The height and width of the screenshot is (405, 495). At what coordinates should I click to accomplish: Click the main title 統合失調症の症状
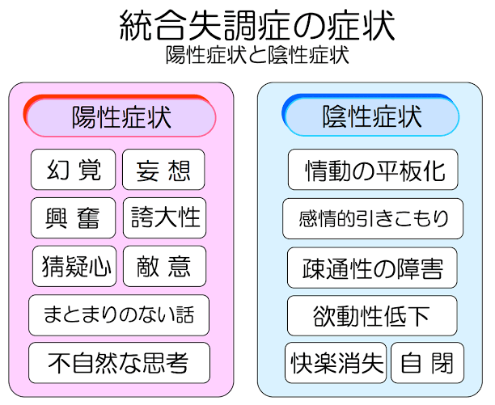pyautogui.click(x=257, y=26)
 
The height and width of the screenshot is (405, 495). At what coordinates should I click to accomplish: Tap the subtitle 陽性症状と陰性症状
pyautogui.click(x=257, y=55)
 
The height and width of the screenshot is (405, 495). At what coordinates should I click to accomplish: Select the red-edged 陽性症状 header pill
pyautogui.click(x=120, y=116)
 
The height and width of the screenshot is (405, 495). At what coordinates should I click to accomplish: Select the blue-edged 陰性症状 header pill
pyautogui.click(x=370, y=115)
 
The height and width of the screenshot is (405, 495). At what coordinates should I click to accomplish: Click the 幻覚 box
pyautogui.click(x=74, y=170)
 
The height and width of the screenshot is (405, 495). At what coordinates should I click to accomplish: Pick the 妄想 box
pyautogui.click(x=163, y=170)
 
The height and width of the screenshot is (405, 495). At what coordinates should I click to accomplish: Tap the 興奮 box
pyautogui.click(x=74, y=218)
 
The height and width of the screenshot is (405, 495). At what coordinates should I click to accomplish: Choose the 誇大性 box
pyautogui.click(x=164, y=218)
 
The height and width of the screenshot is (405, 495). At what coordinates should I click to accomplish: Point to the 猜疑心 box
pyautogui.click(x=74, y=266)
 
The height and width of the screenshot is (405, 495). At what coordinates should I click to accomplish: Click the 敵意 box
pyautogui.click(x=164, y=266)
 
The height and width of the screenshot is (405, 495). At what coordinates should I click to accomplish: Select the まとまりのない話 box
pyautogui.click(x=119, y=315)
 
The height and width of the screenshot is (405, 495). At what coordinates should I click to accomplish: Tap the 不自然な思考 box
pyautogui.click(x=120, y=363)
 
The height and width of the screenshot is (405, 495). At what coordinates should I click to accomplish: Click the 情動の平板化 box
pyautogui.click(x=373, y=170)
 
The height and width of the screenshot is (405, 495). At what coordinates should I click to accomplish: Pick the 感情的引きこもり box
pyautogui.click(x=373, y=218)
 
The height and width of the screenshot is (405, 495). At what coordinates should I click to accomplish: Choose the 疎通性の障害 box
pyautogui.click(x=372, y=268)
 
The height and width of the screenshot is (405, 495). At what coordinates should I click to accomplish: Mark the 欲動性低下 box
pyautogui.click(x=372, y=316)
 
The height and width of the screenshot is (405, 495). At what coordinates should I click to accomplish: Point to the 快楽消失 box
pyautogui.click(x=336, y=363)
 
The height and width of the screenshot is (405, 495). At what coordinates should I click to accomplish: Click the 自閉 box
pyautogui.click(x=427, y=363)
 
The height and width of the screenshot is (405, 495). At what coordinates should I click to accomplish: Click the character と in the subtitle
pyautogui.click(x=257, y=56)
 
